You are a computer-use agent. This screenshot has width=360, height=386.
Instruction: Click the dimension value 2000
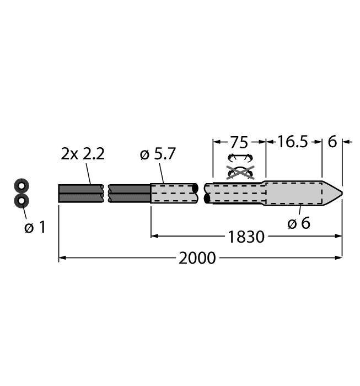pyautogui.click(x=198, y=258)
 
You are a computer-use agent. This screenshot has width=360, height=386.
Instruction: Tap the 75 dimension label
pyautogui.click(x=239, y=142)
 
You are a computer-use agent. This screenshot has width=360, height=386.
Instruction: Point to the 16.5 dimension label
pyautogui.click(x=292, y=142)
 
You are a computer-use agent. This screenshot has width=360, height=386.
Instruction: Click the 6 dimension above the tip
pyautogui.click(x=332, y=142)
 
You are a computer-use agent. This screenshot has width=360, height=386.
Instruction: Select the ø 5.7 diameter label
pyautogui.click(x=158, y=155)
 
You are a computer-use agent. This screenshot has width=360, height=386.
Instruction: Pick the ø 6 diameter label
pyautogui.click(x=299, y=223)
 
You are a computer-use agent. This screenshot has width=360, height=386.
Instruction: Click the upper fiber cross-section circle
pyautogui.click(x=22, y=186)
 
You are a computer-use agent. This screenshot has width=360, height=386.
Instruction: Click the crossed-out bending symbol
pyautogui.click(x=239, y=172)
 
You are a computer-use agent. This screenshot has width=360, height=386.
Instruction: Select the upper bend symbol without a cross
pyautogui.click(x=239, y=158)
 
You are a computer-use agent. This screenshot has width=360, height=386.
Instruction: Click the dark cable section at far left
pyautogui.click(x=80, y=193)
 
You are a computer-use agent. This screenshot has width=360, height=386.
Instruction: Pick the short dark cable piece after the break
pyautogui.click(x=130, y=193)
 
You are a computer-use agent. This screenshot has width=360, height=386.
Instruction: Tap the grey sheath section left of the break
pyautogui.click(x=174, y=193)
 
